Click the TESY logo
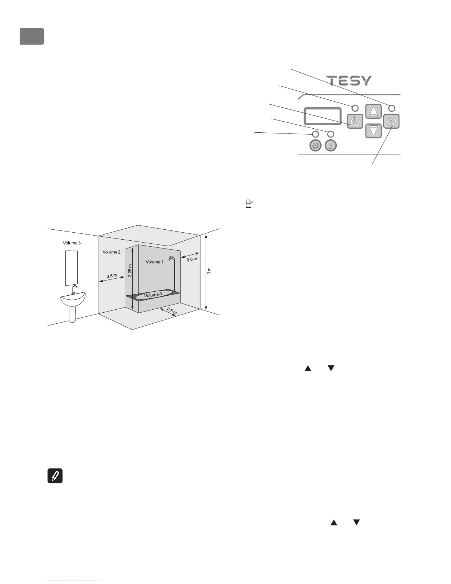click(x=349, y=81)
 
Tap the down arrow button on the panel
click(x=374, y=131)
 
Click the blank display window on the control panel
click(x=322, y=116)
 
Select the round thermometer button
click(x=331, y=146)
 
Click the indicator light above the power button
click(x=355, y=108)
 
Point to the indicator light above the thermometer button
click(x=331, y=134)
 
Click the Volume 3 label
click(x=71, y=243)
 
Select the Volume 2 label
click(x=111, y=252)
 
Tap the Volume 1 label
click(x=154, y=262)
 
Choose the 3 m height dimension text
click(x=209, y=271)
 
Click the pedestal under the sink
click(x=73, y=313)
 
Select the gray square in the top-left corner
click(x=32, y=36)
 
